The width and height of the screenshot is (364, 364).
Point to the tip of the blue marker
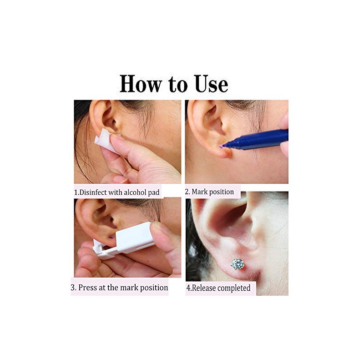tap(222, 146)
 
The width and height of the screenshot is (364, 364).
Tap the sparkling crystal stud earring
tap(237, 264)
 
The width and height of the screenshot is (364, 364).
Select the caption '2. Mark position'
tap(209, 192)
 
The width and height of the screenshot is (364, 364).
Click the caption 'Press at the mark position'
tap(119, 288)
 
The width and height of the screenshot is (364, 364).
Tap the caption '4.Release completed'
tap(218, 288)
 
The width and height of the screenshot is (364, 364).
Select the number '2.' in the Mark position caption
tap(187, 192)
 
